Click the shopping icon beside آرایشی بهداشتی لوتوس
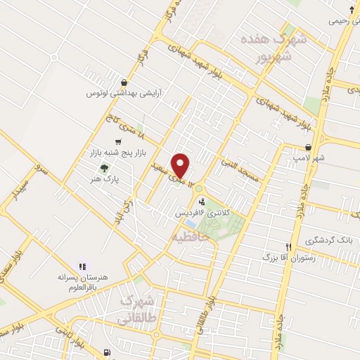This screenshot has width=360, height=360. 124,82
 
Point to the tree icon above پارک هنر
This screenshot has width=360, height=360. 104,168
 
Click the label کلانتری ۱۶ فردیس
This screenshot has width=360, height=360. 203,212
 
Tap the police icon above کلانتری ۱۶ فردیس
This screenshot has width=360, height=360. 203,202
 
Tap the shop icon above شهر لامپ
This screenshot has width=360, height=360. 309,148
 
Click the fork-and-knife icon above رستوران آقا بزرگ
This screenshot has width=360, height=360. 288,247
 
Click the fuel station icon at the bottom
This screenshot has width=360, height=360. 106,352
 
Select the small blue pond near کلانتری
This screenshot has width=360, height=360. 191,224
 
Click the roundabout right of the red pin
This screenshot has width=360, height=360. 201,187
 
